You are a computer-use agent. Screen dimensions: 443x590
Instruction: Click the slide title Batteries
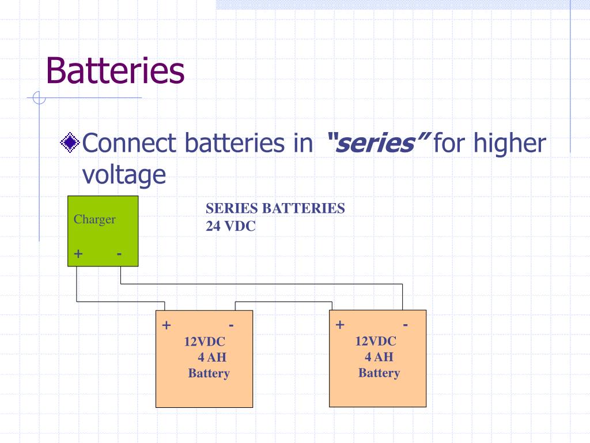click(115, 71)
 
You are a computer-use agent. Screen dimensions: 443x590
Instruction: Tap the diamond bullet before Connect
click(70, 142)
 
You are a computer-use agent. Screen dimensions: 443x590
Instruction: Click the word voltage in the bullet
click(124, 174)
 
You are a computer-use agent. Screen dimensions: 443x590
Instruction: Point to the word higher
click(509, 143)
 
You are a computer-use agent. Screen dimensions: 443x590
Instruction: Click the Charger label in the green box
click(94, 219)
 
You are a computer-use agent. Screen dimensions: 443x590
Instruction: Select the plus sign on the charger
click(78, 254)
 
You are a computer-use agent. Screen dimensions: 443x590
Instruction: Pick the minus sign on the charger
click(119, 253)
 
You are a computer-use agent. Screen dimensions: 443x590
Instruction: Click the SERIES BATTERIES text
click(275, 208)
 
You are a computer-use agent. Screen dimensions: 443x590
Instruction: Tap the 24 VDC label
click(230, 226)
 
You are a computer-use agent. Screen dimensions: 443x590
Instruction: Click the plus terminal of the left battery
click(167, 325)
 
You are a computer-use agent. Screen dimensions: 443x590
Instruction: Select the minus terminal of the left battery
click(231, 325)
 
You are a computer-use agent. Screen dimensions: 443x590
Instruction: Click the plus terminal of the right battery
click(340, 325)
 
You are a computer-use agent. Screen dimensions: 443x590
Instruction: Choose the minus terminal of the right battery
click(406, 325)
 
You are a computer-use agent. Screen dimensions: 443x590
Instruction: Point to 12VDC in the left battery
click(205, 342)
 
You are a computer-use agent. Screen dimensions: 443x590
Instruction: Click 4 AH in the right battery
click(379, 357)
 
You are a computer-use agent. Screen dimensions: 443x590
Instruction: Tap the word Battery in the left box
click(209, 373)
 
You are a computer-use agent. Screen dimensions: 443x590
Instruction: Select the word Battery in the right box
click(379, 373)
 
